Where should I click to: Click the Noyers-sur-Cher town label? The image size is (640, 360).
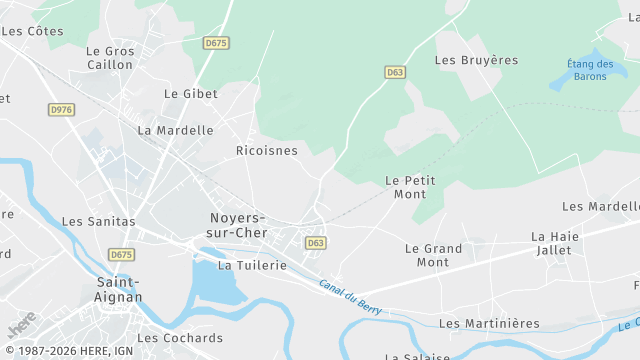[x=237, y=225]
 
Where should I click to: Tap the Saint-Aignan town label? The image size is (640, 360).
[x=118, y=289]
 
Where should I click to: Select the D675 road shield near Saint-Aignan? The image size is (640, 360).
[x=121, y=255]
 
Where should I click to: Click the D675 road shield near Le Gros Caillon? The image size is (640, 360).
[x=216, y=43]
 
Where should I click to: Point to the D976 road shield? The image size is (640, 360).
[x=61, y=109]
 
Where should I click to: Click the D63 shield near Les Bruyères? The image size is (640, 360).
[x=395, y=72]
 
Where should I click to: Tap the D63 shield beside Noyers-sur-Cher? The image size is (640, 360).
[x=316, y=243]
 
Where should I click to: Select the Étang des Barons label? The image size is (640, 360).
[x=591, y=70]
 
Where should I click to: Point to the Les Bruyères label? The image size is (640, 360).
[x=476, y=60]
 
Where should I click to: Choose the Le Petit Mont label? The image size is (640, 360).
[x=410, y=187]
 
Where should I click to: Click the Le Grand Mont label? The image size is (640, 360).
[x=433, y=255]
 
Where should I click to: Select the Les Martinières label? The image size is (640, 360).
[x=489, y=323]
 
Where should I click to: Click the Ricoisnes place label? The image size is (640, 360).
[x=266, y=150]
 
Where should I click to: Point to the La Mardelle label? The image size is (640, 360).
[x=176, y=130]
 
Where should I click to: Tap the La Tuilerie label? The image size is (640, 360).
[x=252, y=265]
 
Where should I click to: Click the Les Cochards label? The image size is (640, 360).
[x=180, y=338]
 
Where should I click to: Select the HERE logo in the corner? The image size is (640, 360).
[x=22, y=325]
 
